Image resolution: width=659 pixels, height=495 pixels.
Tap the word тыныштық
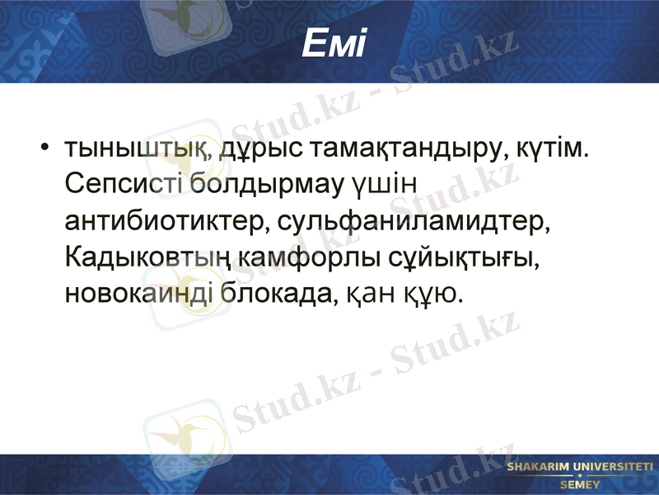click(x=131, y=150)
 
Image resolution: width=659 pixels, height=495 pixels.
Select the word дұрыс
click(x=250, y=150)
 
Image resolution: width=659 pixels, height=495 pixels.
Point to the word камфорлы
click(x=310, y=257)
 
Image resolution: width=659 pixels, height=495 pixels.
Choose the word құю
click(x=428, y=292)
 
